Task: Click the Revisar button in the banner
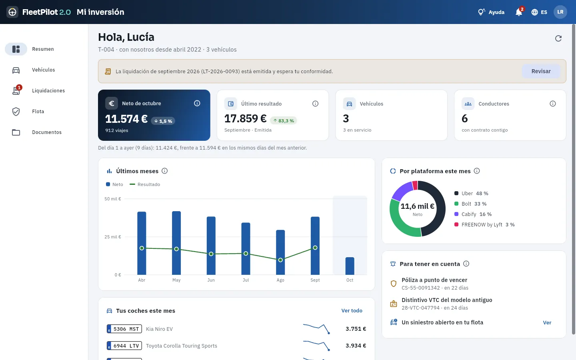pos(541,71)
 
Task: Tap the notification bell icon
pos(519,12)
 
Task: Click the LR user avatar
pos(560,12)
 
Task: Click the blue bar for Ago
pos(280,252)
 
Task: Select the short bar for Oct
pos(350,266)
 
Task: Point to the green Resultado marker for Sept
pos(315,248)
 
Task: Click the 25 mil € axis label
pos(113,237)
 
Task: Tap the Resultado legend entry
pos(145,184)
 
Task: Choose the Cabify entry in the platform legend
pos(473,214)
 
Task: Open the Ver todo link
pos(352,311)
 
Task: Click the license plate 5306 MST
pos(124,329)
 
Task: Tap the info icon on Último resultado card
pos(315,104)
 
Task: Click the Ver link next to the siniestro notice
pos(547,322)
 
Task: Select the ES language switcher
pos(539,12)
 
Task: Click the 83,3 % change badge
pos(283,121)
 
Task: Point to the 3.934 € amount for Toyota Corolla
pos(356,346)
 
